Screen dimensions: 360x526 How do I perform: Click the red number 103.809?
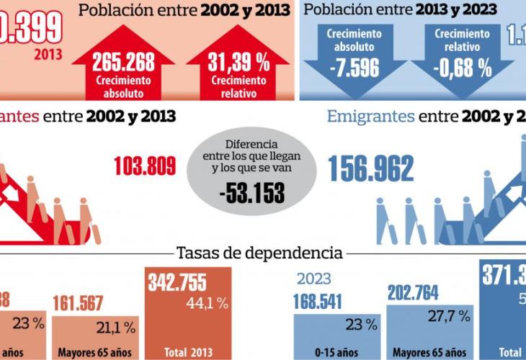point(145,167)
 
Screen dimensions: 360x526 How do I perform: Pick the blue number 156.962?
point(371,169)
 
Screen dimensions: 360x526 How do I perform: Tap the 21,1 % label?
point(116,328)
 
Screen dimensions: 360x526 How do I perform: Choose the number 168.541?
point(318,300)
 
